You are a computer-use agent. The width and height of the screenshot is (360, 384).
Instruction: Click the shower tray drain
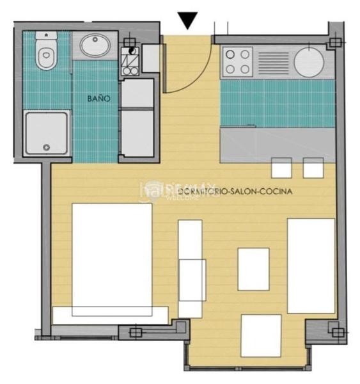pyautogui.click(x=46, y=147)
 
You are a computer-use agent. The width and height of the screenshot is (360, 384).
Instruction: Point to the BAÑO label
pyautogui.click(x=99, y=99)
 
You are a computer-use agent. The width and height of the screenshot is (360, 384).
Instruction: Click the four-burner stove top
pyautogui.click(x=237, y=62)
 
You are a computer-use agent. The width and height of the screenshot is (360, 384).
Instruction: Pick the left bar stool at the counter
pyautogui.click(x=281, y=168)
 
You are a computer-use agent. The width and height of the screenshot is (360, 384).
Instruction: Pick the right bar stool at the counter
pyautogui.click(x=313, y=168)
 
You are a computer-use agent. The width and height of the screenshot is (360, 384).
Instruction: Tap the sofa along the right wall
pyautogui.click(x=311, y=265)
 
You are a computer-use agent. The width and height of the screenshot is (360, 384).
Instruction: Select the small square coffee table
pyautogui.click(x=253, y=269)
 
